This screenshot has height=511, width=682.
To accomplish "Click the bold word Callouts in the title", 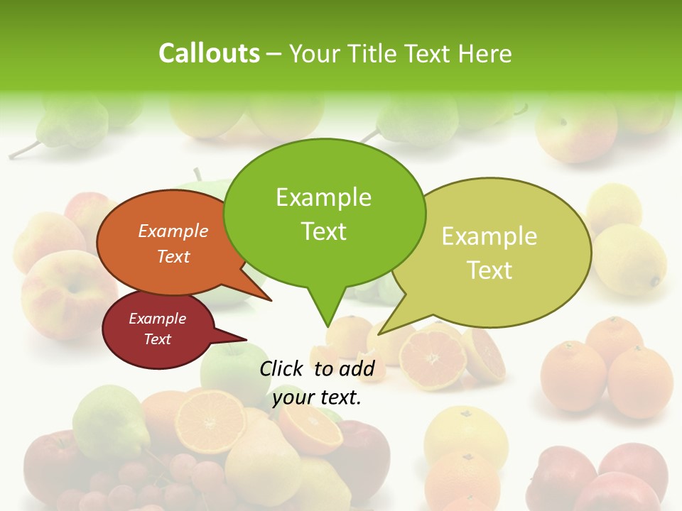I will point(209,53).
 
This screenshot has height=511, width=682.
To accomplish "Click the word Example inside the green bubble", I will point(323,197).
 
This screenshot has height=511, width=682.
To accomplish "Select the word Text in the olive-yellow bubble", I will point(489,270).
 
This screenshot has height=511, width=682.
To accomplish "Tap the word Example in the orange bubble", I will point(173,231).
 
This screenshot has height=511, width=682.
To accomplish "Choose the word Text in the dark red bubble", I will point(158,339).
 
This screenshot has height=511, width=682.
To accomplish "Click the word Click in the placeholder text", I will point(282,368).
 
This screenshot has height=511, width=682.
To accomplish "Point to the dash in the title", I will point(274,53).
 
